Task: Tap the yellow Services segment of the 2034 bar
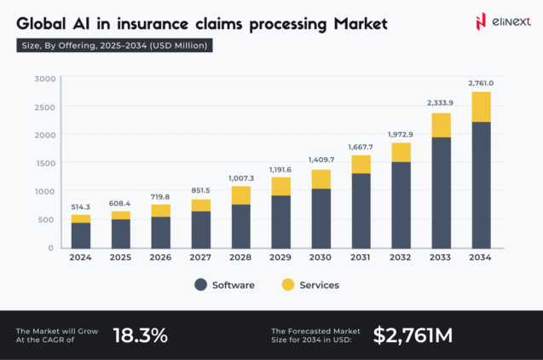coord(481,107)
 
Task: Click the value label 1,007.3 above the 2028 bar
coord(241,177)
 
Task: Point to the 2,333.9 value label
coord(441,103)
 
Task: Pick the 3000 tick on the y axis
coord(44,79)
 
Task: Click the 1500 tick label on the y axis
coord(44,163)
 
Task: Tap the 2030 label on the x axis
coord(321,258)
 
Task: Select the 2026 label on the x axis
coord(160,258)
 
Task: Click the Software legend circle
coord(201,285)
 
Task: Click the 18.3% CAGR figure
coord(140,335)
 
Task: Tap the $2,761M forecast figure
coord(413,335)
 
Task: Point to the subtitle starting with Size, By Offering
coord(114,45)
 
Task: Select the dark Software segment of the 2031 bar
coord(361,210)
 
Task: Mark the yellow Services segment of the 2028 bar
coord(241,195)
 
